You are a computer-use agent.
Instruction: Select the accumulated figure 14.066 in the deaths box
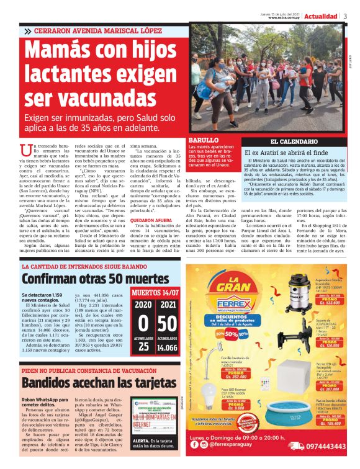(x=166, y=348)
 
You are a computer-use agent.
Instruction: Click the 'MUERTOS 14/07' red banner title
(x=155, y=292)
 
